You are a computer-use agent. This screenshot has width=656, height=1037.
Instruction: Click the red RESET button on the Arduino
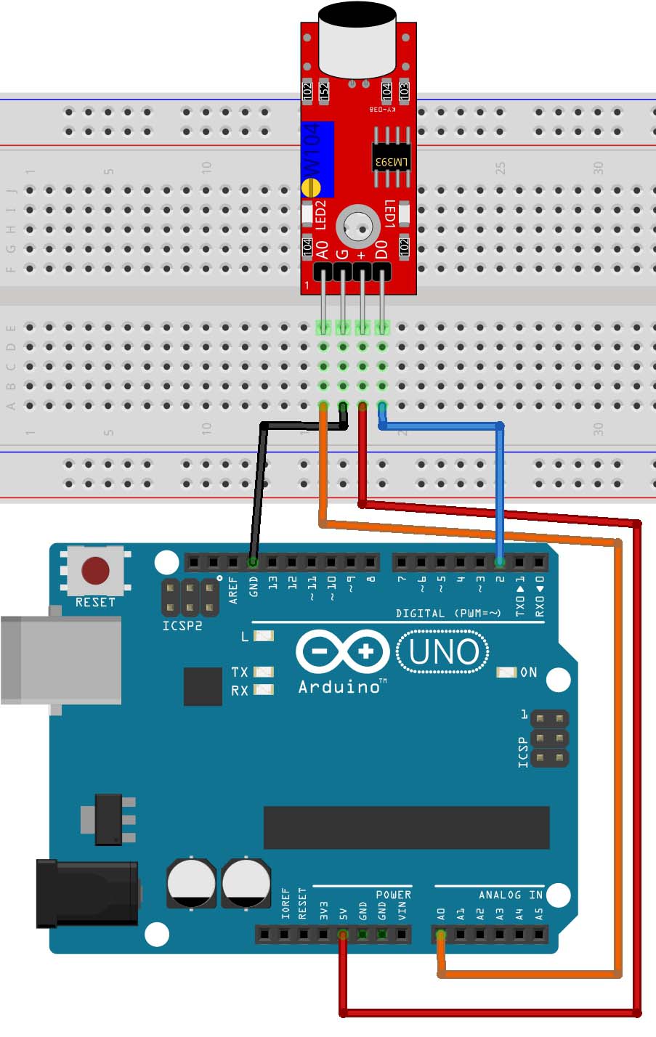pos(95,571)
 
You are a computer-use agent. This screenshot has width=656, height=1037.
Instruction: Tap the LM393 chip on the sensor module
pos(391,159)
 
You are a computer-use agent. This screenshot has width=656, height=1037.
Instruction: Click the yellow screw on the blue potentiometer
pos(311,187)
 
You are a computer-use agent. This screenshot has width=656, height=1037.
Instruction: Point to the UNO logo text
pos(443,651)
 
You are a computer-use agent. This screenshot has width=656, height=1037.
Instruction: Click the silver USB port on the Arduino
pos(58,659)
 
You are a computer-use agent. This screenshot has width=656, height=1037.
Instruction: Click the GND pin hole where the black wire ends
pos(253,561)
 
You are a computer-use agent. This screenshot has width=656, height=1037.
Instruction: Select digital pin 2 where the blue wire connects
pos(500,561)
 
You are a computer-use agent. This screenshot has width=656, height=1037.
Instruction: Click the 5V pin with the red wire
pos(343,934)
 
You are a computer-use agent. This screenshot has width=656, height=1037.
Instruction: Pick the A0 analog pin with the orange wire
pos(441,934)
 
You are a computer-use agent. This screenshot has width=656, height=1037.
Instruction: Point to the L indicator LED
pos(264,636)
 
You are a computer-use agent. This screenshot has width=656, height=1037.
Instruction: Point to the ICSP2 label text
pos(182,625)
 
